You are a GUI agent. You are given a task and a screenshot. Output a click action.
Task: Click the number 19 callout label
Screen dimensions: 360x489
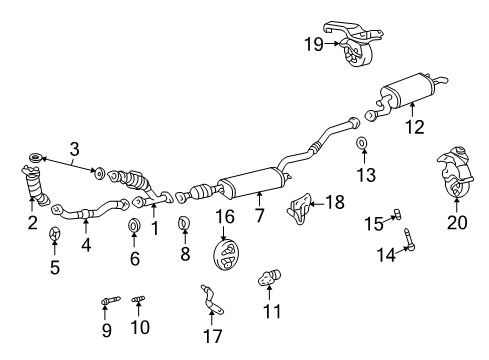coord(312,42)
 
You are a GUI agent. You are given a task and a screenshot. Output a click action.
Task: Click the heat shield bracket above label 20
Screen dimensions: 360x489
coord(454,175)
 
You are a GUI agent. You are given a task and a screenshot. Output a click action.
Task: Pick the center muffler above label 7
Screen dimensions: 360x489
coord(254,181)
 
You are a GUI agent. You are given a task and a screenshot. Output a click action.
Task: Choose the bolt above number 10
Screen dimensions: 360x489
coord(139,300)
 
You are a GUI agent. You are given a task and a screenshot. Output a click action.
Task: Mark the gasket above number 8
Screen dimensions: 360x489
coord(184,222)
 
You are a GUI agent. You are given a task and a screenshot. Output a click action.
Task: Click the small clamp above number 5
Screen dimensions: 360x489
coord(56,235)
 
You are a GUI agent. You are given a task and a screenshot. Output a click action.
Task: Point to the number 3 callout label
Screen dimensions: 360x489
coord(73,150)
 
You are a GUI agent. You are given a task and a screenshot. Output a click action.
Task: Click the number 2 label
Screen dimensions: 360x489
coord(32,222)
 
